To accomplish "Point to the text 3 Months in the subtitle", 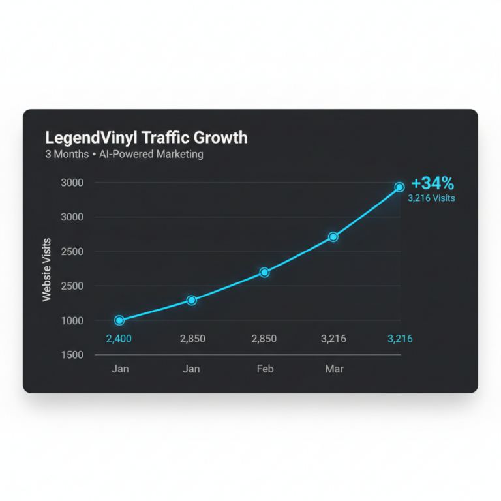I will [67, 155].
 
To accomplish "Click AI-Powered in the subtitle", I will [126, 155].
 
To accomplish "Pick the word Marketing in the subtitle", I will [177, 155].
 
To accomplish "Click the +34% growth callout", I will [433, 183].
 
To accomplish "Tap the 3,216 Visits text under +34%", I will [431, 198].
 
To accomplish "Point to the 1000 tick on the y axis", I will [72, 320].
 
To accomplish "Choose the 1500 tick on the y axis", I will [72, 355].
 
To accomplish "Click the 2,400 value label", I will [119, 339].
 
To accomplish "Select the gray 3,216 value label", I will [333, 339].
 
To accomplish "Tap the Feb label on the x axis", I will [265, 369].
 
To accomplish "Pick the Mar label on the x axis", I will [334, 369].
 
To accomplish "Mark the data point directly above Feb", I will [264, 272].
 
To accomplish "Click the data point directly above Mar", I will [333, 237].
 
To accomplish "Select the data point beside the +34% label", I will [400, 187].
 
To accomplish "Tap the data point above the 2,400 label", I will [119, 320].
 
